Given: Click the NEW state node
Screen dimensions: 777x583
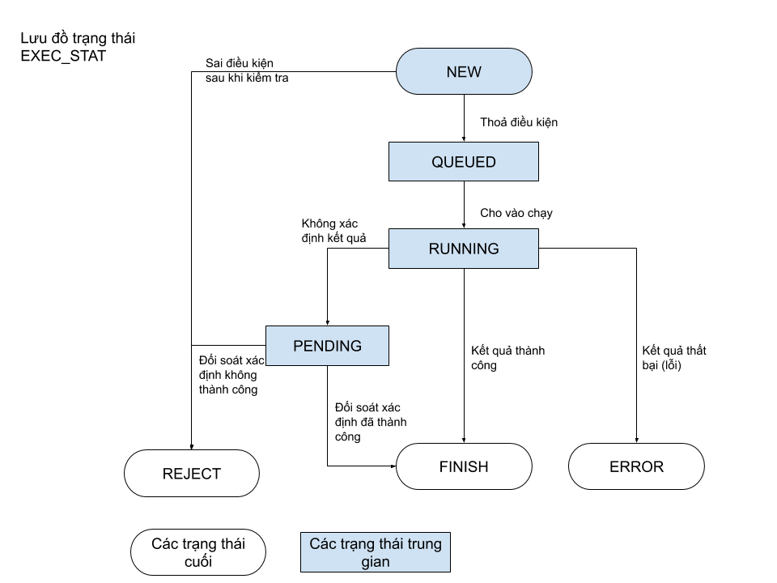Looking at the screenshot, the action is tap(464, 71).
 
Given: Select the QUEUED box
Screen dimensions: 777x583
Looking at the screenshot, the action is tap(463, 162).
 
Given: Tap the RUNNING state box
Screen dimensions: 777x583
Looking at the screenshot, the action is tap(463, 249).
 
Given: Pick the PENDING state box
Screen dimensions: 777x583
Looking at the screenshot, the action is tap(327, 346).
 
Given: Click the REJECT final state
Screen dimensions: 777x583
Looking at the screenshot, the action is tap(191, 474).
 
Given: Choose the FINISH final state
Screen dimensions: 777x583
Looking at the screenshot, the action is tap(464, 466).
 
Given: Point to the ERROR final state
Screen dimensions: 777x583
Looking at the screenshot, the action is tap(636, 466).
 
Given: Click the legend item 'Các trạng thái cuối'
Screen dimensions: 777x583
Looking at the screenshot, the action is tap(198, 552).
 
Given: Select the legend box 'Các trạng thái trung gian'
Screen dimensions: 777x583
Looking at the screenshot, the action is tap(375, 552).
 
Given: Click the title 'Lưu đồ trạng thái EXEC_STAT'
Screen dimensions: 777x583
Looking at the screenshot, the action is tap(78, 47).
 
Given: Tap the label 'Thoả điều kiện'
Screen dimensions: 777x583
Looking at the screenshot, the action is tap(519, 122).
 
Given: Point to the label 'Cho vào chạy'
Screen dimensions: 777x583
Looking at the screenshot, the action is tap(516, 213).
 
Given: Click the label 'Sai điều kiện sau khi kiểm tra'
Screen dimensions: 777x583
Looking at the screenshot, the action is tap(247, 70).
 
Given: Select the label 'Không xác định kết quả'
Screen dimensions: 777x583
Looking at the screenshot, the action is tap(333, 231).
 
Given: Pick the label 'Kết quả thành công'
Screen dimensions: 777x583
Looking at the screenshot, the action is tap(508, 357).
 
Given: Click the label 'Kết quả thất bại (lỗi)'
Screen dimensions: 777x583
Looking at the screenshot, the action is tap(674, 357).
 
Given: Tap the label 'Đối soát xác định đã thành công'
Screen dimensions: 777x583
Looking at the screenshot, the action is tap(371, 422).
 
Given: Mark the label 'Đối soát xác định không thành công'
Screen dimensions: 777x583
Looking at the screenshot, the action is tap(231, 375).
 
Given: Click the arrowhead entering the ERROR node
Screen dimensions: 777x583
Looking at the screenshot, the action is tap(636, 440).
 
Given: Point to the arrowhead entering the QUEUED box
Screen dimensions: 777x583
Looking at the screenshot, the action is tap(464, 139).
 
